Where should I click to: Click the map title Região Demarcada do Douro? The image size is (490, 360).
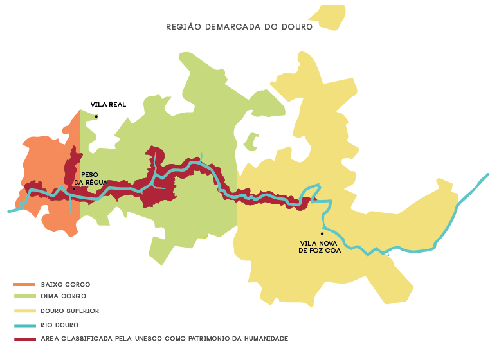tap(239, 27)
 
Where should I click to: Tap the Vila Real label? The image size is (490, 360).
tap(108, 104)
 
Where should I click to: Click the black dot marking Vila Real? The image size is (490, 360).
tap(96, 116)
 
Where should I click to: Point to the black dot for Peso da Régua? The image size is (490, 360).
tap(74, 188)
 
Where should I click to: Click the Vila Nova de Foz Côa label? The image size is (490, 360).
tap(320, 247)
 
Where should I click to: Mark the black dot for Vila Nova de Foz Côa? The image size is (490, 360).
tap(322, 233)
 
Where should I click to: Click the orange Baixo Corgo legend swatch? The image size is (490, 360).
tap(24, 284)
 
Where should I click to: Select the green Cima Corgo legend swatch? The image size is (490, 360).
tap(24, 296)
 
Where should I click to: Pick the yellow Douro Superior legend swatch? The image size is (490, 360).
tap(24, 310)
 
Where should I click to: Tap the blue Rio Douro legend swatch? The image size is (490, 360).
tap(24, 325)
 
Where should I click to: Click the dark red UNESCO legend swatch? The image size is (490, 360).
tap(24, 338)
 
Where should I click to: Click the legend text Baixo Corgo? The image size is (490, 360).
tap(66, 284)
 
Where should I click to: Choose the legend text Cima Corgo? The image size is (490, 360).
tap(63, 296)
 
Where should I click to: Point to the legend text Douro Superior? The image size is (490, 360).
tap(70, 310)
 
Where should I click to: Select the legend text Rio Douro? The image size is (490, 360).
tap(60, 325)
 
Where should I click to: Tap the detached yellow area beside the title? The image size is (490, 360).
tap(329, 17)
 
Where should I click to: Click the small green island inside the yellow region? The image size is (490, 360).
tap(251, 141)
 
